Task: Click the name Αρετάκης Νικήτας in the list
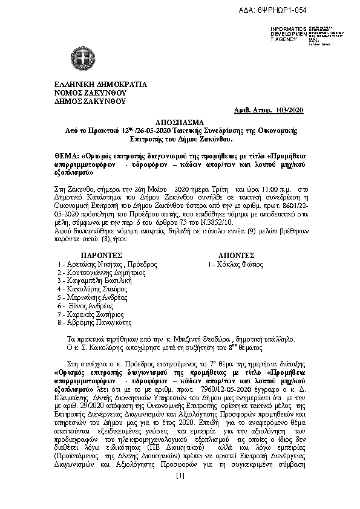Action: (x=91, y=264)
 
